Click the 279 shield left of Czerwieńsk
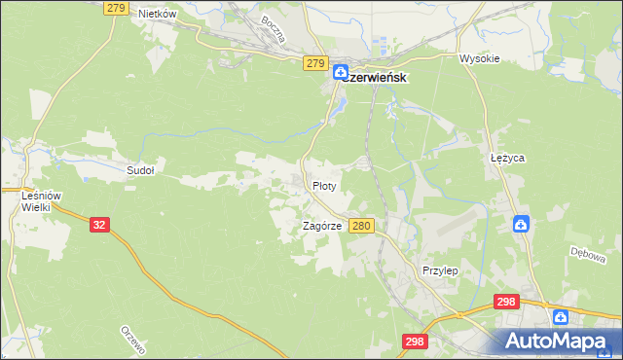click(x=313, y=62)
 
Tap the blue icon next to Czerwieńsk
click(x=341, y=71)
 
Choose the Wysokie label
click(x=479, y=58)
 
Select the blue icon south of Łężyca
click(x=521, y=224)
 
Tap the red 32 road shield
click(x=98, y=224)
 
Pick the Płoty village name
click(x=324, y=185)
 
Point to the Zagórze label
click(x=321, y=226)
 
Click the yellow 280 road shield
click(x=361, y=226)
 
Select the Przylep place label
click(x=440, y=270)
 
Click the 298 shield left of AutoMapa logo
click(x=414, y=341)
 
